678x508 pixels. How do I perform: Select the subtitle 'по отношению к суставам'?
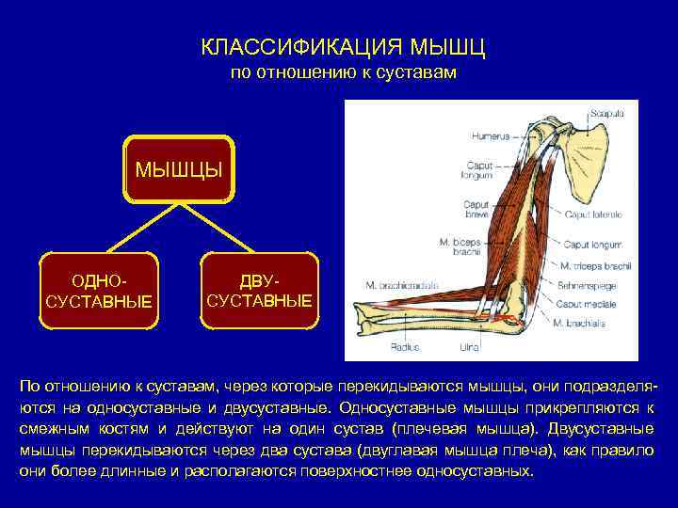[x=344, y=72]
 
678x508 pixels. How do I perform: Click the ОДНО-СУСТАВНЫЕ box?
[x=99, y=291]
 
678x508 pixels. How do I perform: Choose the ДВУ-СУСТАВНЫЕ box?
[x=259, y=291]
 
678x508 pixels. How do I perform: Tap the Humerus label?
[x=491, y=136]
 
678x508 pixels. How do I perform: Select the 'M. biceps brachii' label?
[x=460, y=246]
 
